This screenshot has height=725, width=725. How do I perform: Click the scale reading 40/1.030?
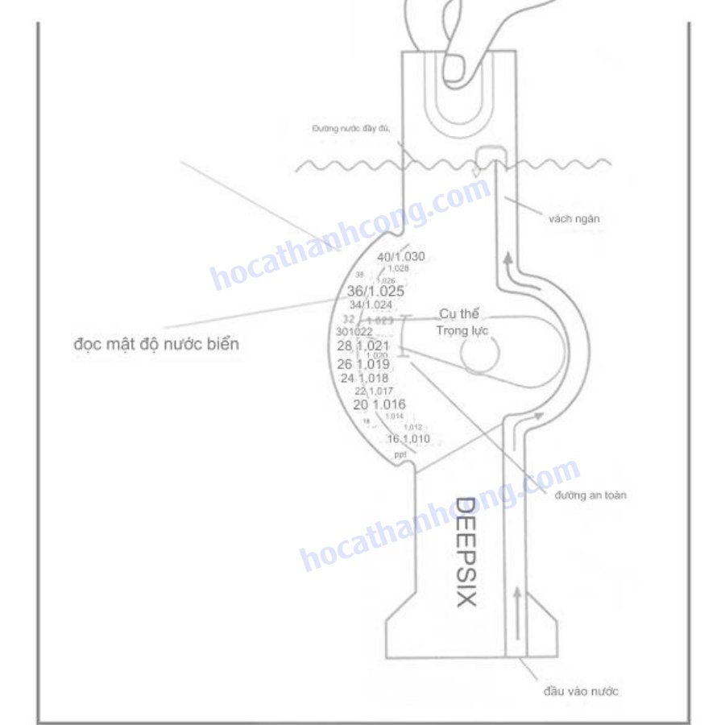tap(401, 257)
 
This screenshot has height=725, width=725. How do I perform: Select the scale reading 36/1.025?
tap(375, 291)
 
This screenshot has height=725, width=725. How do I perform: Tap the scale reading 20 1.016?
tap(379, 404)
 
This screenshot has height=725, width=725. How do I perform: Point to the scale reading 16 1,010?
tap(408, 439)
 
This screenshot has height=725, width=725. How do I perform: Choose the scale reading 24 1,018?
tap(364, 378)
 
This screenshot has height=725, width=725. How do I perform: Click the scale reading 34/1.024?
tap(371, 305)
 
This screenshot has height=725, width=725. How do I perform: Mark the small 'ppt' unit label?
tap(400, 456)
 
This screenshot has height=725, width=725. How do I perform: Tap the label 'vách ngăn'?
tap(574, 218)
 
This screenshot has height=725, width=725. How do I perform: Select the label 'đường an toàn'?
tap(590, 495)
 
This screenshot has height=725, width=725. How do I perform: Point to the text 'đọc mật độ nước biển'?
tap(155, 344)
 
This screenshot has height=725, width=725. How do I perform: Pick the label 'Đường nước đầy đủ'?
tap(351, 129)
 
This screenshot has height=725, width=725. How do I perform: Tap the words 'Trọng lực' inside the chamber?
tap(462, 330)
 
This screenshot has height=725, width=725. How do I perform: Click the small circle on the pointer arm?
tap(480, 355)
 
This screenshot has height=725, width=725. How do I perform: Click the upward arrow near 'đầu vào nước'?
tap(516, 601)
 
